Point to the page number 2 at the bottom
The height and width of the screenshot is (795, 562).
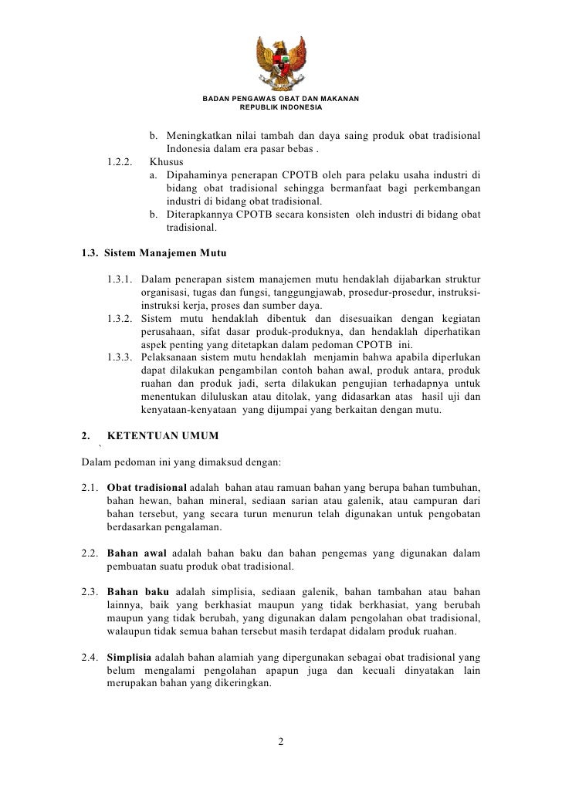[281, 743]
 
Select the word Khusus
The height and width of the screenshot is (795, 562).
[167, 163]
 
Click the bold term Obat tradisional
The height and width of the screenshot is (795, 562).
[146, 489]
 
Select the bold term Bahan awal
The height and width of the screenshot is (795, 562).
[135, 554]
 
